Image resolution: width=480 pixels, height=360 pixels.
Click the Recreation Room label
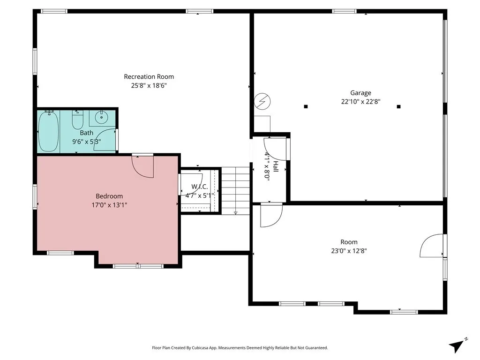click(x=149, y=76)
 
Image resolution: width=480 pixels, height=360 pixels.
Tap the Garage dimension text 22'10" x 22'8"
click(x=360, y=102)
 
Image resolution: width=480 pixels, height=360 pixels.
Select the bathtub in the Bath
click(x=48, y=131)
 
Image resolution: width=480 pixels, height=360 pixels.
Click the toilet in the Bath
click(x=77, y=120)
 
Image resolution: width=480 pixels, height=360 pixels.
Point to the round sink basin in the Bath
click(x=101, y=117)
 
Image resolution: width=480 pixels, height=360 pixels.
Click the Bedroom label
click(x=109, y=196)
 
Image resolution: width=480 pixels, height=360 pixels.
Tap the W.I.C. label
click(x=200, y=187)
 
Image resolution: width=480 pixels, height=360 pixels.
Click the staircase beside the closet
click(x=235, y=191)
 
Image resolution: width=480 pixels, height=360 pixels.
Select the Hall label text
click(x=276, y=166)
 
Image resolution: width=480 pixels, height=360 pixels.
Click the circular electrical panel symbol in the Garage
click(x=262, y=101)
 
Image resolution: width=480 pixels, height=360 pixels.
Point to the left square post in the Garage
click(x=306, y=106)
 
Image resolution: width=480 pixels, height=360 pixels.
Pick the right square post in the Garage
click(x=398, y=106)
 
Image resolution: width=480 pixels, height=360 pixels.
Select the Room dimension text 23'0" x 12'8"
click(x=349, y=251)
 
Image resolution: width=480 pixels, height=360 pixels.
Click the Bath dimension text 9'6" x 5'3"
click(x=87, y=142)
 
